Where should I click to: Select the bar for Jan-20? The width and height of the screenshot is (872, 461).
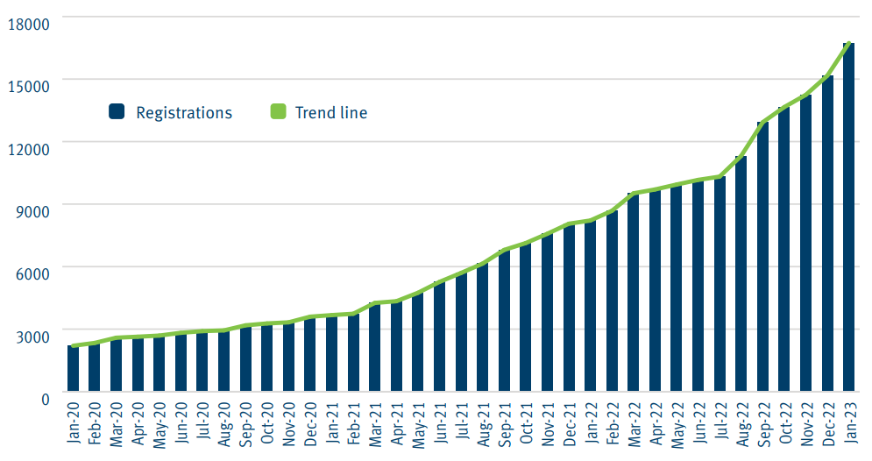[x=74, y=368]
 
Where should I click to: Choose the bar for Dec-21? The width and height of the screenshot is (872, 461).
[x=569, y=308]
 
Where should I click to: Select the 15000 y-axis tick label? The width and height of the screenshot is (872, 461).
[x=28, y=84]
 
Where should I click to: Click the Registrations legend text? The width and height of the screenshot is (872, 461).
[x=184, y=112]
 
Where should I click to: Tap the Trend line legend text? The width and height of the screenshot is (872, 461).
[x=330, y=112]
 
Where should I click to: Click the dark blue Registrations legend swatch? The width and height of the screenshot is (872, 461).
[x=116, y=112]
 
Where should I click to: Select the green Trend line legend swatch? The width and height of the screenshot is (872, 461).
[x=278, y=112]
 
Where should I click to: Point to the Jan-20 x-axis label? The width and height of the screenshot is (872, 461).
[x=74, y=424]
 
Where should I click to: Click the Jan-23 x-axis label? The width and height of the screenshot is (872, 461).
[x=848, y=424]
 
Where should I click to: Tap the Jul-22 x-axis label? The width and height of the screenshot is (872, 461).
[x=720, y=424]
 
